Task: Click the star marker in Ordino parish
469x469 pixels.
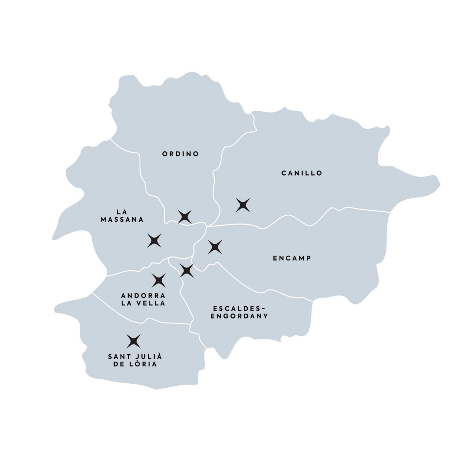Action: click(x=185, y=217)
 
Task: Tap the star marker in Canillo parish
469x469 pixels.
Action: click(x=243, y=205)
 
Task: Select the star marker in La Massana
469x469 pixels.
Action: click(x=154, y=240)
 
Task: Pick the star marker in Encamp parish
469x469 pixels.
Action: click(x=215, y=247)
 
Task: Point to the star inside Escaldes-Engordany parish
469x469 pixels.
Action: click(x=187, y=270)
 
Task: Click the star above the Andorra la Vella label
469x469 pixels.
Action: click(x=159, y=280)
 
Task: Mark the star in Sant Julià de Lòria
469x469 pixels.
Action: click(x=133, y=341)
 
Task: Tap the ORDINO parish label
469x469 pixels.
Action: click(x=181, y=154)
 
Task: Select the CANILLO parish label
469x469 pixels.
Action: click(x=302, y=173)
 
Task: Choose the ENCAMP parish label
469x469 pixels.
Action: click(x=292, y=258)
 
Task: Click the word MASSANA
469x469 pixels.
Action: click(x=122, y=220)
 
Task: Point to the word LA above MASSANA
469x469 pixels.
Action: click(x=122, y=212)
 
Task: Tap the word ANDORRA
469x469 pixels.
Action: click(x=143, y=295)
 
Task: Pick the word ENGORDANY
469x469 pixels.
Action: click(x=240, y=316)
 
